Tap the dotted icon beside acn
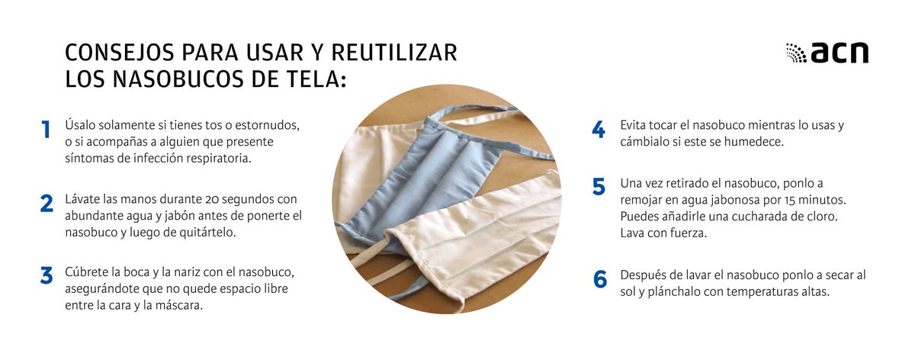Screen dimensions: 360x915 pos(796,53)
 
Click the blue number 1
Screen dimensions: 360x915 pos(47,130)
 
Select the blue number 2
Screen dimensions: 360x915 pos(47,204)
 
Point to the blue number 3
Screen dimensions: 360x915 pos(47,276)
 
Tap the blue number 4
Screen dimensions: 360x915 pos(599,130)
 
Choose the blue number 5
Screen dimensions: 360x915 pos(599,188)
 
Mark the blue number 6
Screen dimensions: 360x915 pos(599,280)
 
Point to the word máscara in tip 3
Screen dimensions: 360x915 pos(182,306)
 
